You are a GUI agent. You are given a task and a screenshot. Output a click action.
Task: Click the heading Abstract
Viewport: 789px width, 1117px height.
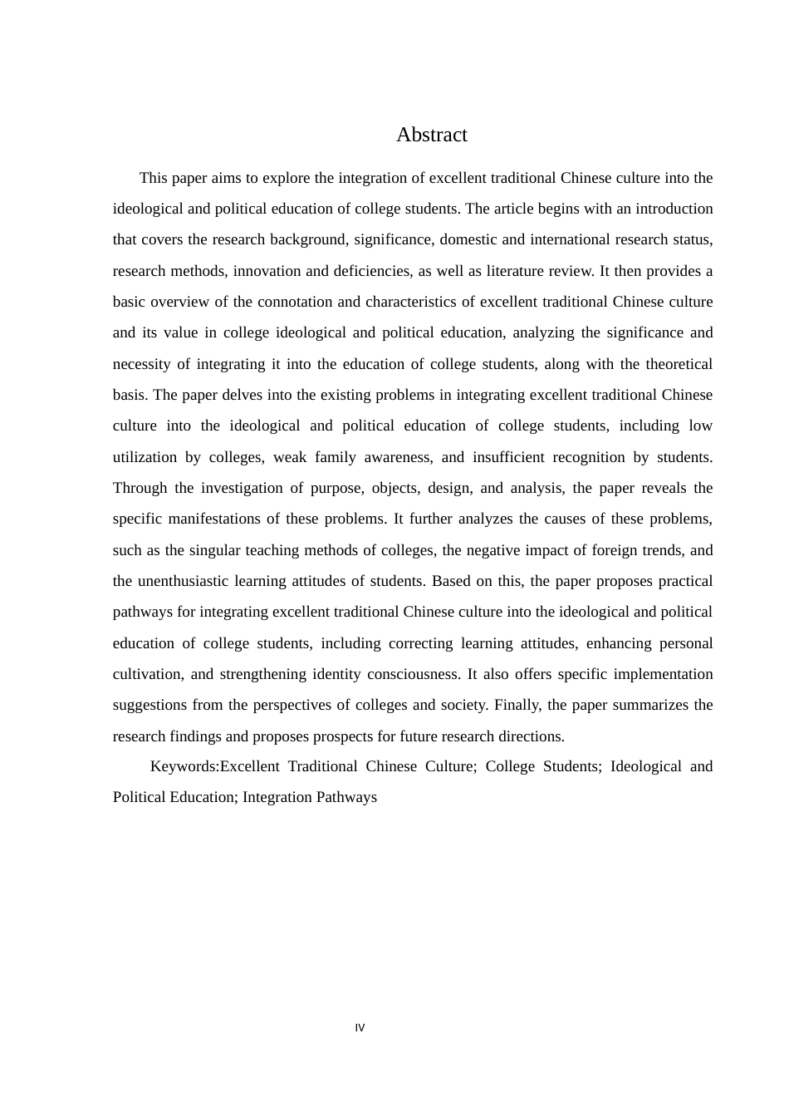[x=431, y=135]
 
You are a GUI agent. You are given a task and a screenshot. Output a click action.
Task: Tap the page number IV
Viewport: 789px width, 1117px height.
[x=360, y=1028]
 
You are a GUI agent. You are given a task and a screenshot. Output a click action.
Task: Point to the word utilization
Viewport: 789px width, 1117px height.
[x=145, y=457]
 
